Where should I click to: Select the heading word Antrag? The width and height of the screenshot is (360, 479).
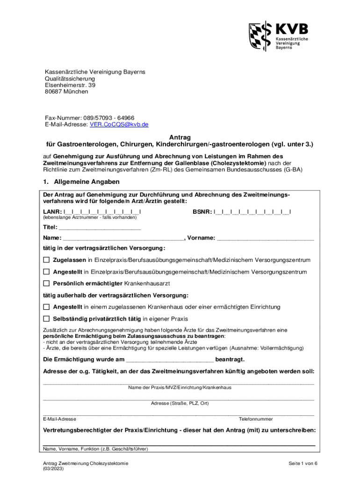180,138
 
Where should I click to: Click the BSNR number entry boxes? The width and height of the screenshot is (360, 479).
252,212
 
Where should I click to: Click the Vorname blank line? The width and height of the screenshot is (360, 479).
266,238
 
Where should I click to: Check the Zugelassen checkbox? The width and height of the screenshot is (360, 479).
46,260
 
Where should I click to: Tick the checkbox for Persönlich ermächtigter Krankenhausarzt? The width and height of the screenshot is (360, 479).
46,283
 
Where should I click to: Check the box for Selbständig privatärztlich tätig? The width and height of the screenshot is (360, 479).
46,319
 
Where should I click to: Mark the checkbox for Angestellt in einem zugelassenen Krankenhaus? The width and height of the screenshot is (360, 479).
46,307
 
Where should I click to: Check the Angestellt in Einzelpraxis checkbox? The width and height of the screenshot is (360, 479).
46,272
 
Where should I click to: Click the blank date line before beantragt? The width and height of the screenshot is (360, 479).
170,360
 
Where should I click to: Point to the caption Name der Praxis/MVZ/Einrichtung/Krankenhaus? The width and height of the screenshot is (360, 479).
180,387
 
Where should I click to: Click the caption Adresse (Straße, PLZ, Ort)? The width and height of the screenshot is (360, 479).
180,403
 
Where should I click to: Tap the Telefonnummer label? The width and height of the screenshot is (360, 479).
256,419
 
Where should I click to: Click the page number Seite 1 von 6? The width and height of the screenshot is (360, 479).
303,463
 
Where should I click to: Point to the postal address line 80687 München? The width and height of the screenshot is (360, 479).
66,92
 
